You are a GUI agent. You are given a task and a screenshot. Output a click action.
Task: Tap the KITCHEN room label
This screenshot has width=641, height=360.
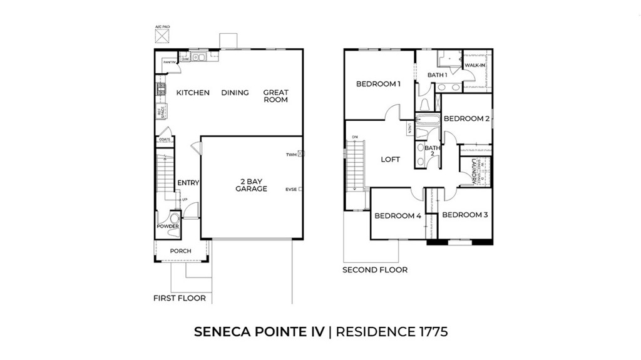193,93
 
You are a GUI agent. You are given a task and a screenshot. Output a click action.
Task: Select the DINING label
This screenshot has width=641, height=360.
235,93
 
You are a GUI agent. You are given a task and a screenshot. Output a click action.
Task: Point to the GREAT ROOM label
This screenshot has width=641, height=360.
275,96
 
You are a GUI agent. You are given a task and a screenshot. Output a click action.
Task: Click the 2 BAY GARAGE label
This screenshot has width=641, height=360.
251,185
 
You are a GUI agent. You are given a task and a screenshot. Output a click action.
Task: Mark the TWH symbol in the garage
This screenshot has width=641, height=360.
301,153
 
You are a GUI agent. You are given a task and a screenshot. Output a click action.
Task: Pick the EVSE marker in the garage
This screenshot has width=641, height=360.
301,188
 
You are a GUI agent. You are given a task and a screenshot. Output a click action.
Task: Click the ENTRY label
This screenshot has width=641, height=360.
188,183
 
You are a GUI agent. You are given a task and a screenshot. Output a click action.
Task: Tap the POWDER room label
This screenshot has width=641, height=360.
168,226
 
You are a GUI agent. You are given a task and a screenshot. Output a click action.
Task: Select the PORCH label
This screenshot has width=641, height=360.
181,251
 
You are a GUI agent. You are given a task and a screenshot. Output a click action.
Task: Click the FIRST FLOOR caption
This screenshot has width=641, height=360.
180,298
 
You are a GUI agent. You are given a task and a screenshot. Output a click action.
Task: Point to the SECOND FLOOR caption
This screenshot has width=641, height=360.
375,270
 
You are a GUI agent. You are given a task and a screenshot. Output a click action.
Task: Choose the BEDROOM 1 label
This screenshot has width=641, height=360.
378,84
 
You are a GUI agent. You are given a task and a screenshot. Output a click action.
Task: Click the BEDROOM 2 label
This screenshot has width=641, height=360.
466,118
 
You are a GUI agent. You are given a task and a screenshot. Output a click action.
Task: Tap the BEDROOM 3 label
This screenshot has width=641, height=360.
464,215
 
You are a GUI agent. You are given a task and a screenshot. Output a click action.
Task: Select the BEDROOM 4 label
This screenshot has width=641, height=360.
397,216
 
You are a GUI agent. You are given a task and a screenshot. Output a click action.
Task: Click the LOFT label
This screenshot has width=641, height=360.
391,159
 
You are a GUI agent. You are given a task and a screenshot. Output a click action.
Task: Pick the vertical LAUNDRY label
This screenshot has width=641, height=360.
475,170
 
